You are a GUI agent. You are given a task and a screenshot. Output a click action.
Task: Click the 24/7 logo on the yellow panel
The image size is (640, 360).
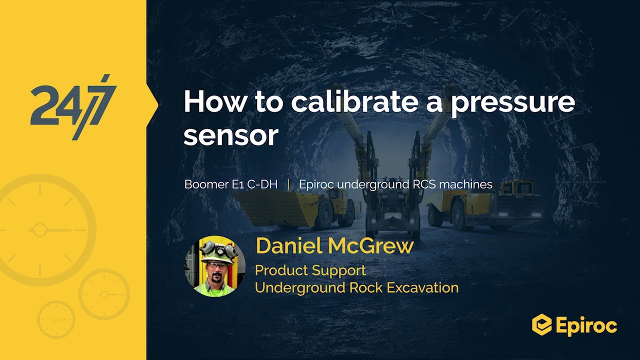point(73,106)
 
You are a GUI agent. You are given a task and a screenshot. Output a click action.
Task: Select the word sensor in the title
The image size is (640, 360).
point(230,135)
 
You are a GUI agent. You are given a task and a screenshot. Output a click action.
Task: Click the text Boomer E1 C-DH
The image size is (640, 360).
point(231,184)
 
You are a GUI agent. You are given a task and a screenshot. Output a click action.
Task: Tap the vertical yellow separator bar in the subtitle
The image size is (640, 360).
point(288,184)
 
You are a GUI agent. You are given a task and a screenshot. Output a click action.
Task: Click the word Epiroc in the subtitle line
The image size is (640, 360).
point(316,184)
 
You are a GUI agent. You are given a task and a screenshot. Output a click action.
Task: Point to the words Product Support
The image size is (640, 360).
point(310,270)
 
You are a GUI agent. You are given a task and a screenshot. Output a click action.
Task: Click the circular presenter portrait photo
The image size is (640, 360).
point(215,266)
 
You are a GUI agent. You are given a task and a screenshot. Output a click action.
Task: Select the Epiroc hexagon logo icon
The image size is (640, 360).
point(541,325)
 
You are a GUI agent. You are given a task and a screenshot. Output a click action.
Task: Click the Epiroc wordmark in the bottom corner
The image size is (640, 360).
point(586,326)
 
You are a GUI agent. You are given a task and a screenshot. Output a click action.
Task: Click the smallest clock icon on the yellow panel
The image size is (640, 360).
point(56,319)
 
